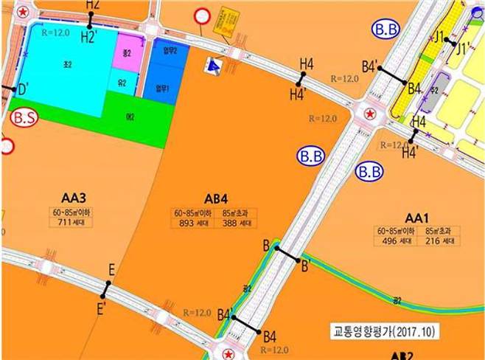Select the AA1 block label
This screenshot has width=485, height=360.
pyautogui.click(x=416, y=218)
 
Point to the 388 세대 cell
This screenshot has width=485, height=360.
pyautogui.click(x=236, y=224)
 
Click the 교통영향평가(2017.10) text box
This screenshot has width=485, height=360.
pyautogui.click(x=383, y=333)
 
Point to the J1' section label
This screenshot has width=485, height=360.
pyautogui.click(x=463, y=49)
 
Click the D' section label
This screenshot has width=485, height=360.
pyautogui.click(x=23, y=90)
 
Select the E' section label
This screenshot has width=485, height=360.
pyautogui.click(x=102, y=305)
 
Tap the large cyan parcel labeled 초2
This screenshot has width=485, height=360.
pyautogui.click(x=66, y=65)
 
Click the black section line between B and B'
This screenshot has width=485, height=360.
pyautogui.click(x=287, y=255)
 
